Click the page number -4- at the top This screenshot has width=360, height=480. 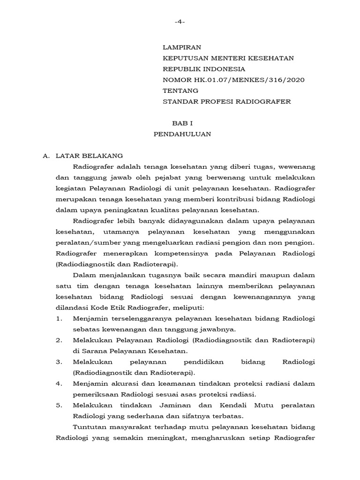(180, 22)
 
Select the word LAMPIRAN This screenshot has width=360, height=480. (182, 47)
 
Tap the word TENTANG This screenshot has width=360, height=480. (180, 90)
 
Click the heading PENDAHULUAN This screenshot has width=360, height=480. (182, 134)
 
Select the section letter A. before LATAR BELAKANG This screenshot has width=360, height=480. (46, 156)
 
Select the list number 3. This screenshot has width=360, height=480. (59, 362)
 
